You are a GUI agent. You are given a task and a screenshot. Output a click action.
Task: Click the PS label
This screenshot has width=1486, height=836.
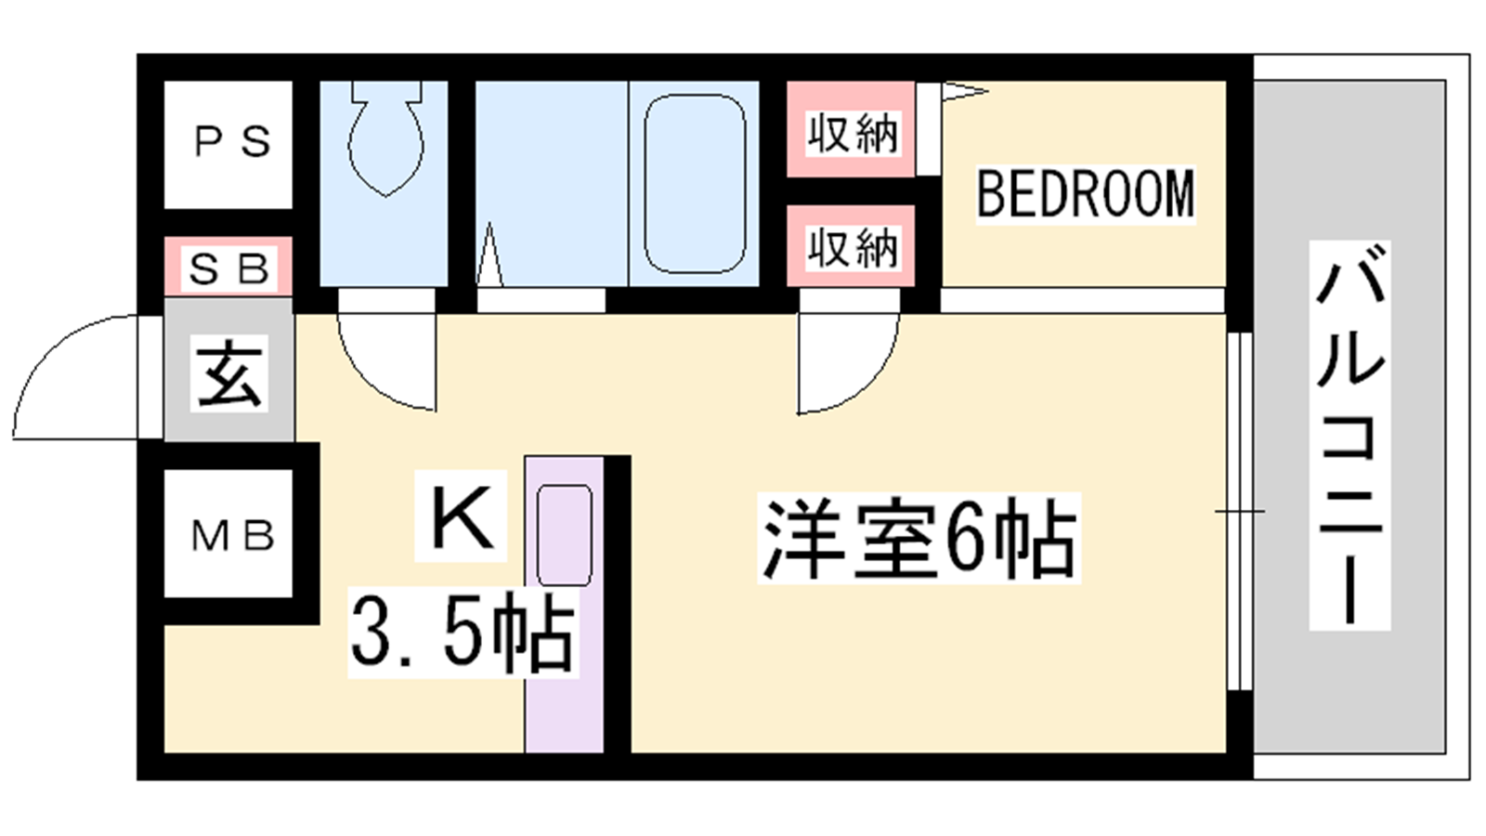pyautogui.click(x=232, y=141)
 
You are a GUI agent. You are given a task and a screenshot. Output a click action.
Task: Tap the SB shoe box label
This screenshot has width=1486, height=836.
pyautogui.click(x=229, y=269)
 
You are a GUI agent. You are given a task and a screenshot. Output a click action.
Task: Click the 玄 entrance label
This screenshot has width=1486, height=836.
pyautogui.click(x=228, y=372)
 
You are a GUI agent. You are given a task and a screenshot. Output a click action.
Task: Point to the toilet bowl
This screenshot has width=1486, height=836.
pyautogui.click(x=386, y=139)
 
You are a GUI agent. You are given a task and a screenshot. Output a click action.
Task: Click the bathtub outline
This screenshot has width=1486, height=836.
pyautogui.click(x=694, y=184)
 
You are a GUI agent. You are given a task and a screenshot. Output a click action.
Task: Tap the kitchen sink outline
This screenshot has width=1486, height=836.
pyautogui.click(x=564, y=535)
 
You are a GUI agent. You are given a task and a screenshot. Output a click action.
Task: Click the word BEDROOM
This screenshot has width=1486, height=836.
pyautogui.click(x=1086, y=194)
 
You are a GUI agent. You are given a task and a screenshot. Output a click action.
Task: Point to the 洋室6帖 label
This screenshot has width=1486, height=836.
pyautogui.click(x=919, y=538)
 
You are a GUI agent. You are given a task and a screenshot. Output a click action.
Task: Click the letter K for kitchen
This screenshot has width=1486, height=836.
pyautogui.click(x=462, y=516)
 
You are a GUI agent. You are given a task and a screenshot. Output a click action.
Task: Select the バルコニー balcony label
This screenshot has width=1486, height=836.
pyautogui.click(x=1349, y=436)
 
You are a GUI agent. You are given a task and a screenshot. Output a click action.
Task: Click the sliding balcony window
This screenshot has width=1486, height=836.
pyautogui.click(x=1239, y=511)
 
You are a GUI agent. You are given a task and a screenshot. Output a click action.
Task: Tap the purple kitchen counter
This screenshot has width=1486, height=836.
pyautogui.click(x=564, y=604)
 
